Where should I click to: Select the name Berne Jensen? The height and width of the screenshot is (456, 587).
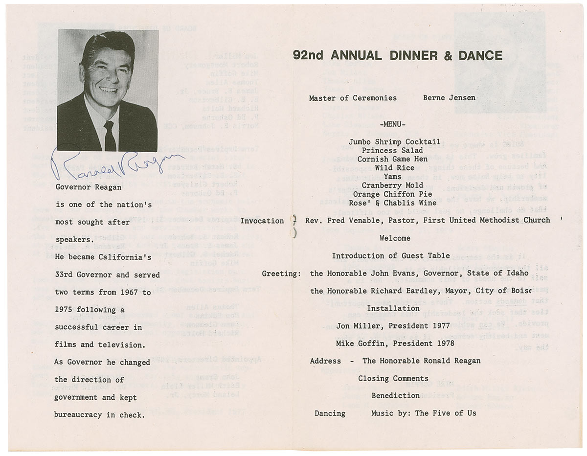click(x=449, y=98)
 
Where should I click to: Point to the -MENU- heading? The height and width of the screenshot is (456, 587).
click(x=393, y=124)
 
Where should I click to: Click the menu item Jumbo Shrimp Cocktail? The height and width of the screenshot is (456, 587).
click(x=393, y=141)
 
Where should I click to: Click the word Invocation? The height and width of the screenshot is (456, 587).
click(x=262, y=221)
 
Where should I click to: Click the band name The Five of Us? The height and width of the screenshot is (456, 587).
click(x=445, y=413)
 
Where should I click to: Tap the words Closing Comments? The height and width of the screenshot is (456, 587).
click(x=393, y=379)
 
